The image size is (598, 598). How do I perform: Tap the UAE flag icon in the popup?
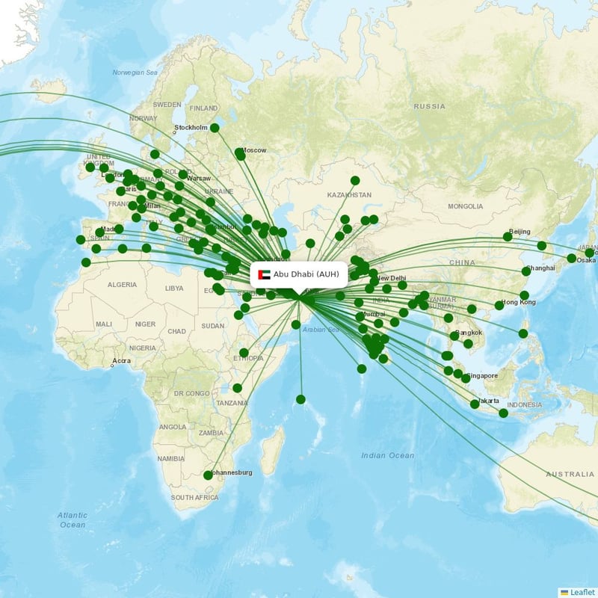coord(263,275)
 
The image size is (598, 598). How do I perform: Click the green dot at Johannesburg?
coord(209,475)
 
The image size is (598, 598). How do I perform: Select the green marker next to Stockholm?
coord(215,128)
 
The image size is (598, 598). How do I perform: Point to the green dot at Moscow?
coord(239,153)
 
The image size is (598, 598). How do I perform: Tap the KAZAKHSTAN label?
coord(348,195)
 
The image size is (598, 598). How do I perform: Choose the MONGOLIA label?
coord(465,206)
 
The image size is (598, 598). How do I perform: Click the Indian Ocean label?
coord(386,455)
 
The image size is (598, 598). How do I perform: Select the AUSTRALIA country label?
coord(570,475)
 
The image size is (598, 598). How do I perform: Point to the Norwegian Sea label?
coord(135,73)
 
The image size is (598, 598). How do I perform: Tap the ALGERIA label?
coord(122,285)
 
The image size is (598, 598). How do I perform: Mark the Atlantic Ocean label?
coord(73,520)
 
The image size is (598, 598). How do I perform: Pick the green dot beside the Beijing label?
coord(508,237)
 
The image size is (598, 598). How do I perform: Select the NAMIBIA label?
coord(170,458)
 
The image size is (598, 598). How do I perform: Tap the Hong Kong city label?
coord(519,302)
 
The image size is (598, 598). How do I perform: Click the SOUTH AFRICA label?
coord(194,497)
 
